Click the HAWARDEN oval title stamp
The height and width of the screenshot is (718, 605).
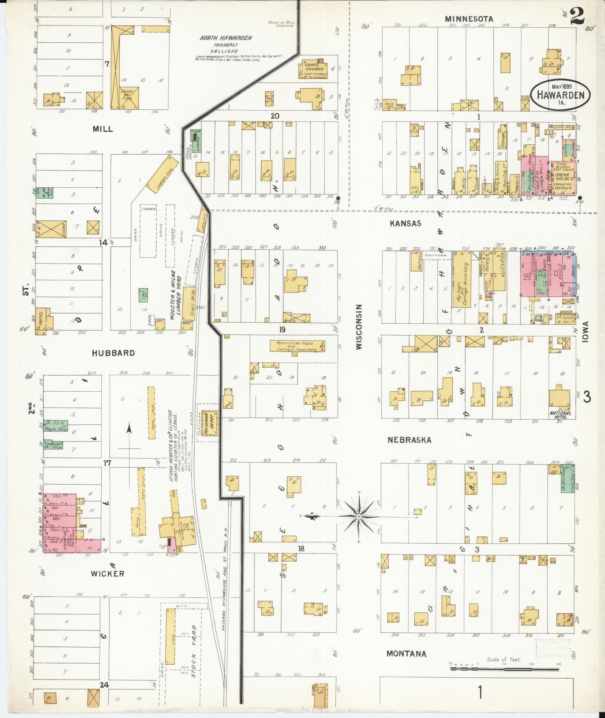pyautogui.click(x=560, y=95)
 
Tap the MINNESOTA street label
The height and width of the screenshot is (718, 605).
pyautogui.click(x=469, y=19)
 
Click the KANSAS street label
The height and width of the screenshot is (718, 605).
pyautogui.click(x=405, y=224)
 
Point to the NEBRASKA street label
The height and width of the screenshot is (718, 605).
pyautogui.click(x=409, y=440)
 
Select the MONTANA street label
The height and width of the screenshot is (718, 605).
pyautogui.click(x=407, y=653)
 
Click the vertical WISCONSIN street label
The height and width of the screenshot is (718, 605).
pyautogui.click(x=359, y=327)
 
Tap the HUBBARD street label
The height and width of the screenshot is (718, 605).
pyautogui.click(x=113, y=353)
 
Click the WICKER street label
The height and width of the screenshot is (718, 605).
pyautogui.click(x=108, y=573)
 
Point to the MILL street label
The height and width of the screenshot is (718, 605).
pyautogui.click(x=103, y=129)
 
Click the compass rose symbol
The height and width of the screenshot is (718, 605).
pyautogui.click(x=359, y=517)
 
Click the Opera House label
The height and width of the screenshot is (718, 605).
pyautogui.click(x=562, y=176)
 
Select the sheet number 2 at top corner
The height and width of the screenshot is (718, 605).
pyautogui.click(x=577, y=17)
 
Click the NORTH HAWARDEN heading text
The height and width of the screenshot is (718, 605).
pyautogui.click(x=226, y=38)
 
